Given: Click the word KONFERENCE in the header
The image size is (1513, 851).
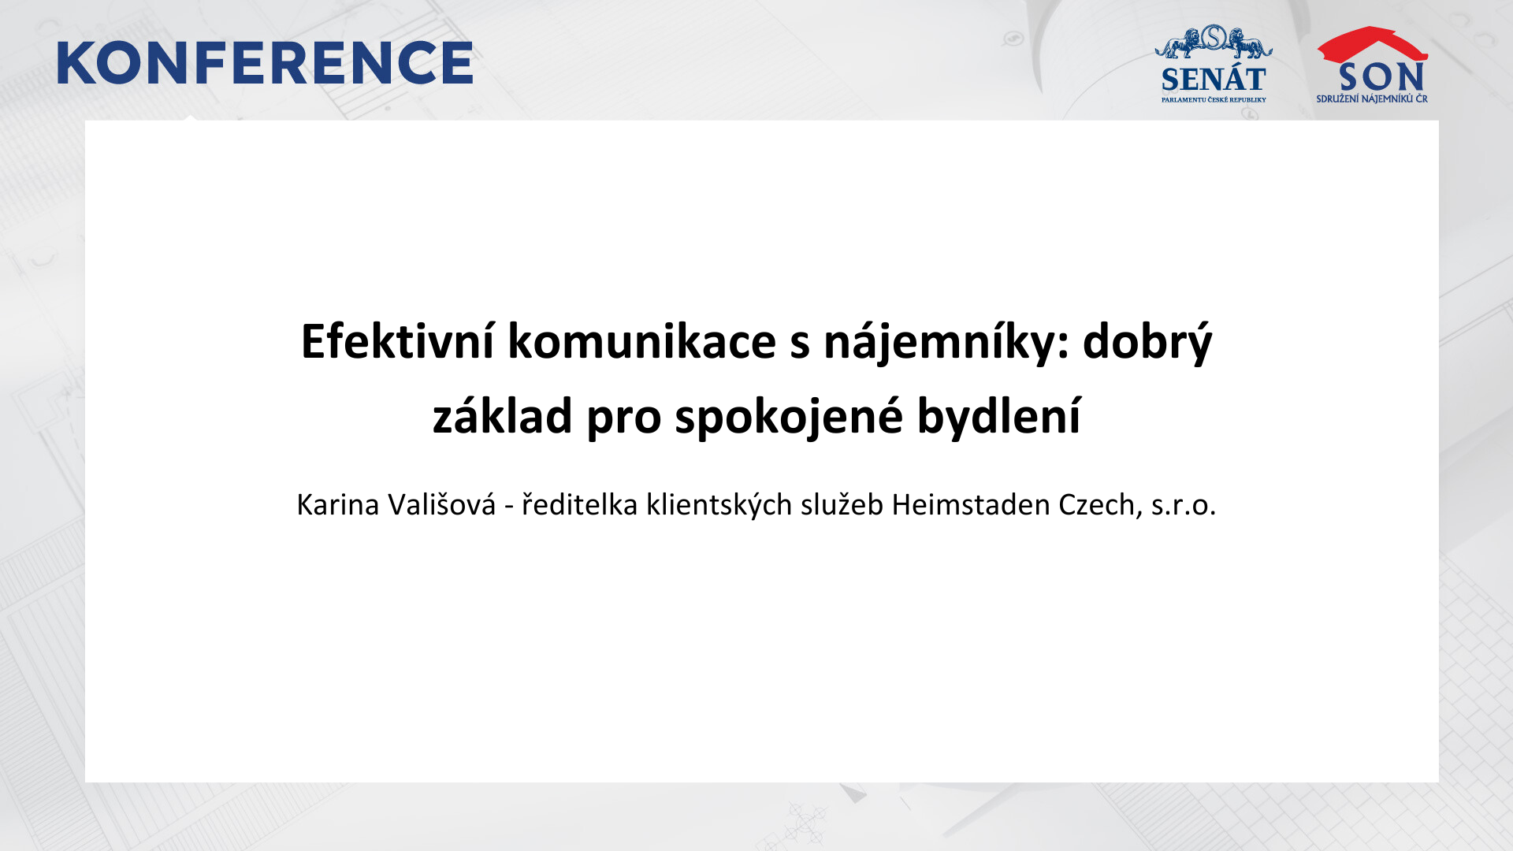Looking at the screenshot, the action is click(x=265, y=63).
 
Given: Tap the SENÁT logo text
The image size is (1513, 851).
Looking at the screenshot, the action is click(x=1214, y=80).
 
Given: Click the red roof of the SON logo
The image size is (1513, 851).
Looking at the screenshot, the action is click(x=1372, y=44).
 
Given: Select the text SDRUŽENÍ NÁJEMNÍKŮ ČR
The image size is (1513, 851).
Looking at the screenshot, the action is click(x=1372, y=99).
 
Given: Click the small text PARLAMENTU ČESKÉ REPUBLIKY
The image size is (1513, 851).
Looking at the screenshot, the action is click(x=1214, y=100).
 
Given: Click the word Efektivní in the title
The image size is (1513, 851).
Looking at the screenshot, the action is click(x=398, y=341).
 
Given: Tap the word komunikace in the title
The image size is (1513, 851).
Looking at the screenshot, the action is click(x=641, y=341).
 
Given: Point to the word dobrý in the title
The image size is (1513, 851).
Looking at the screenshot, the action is click(x=1147, y=343).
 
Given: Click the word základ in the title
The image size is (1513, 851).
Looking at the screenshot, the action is click(x=502, y=415).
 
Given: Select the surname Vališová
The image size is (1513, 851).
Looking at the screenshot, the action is click(x=441, y=504).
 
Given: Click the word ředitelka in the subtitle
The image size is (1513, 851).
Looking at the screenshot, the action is click(x=579, y=504).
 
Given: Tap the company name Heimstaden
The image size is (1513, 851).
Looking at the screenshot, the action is click(x=970, y=504).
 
